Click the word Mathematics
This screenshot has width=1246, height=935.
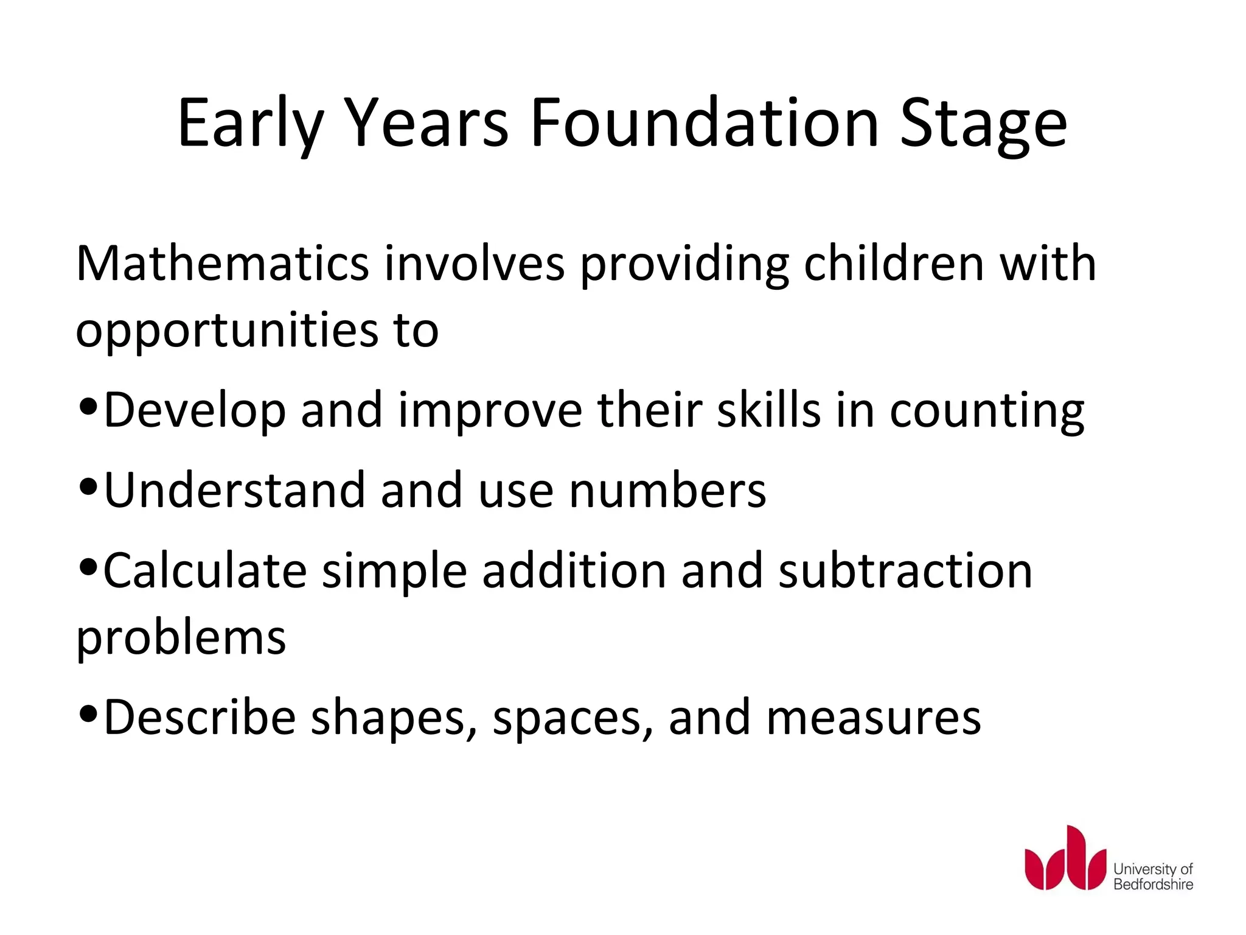point(223,264)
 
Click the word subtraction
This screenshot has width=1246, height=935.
point(905,571)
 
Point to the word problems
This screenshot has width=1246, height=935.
point(181,639)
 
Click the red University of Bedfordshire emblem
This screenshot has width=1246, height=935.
point(1065,858)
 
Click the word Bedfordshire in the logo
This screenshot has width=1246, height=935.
point(1153,884)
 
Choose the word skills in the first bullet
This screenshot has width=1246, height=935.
point(769,410)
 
